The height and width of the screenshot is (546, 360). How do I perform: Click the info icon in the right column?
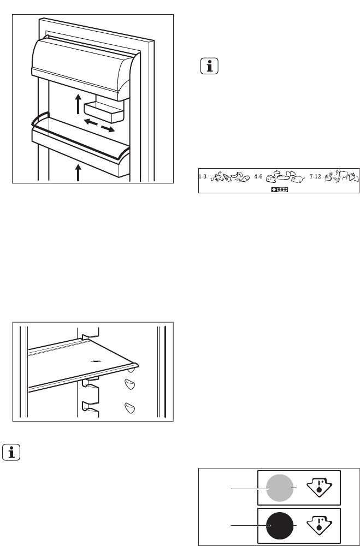[209, 66]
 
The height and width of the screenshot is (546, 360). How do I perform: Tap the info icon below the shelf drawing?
[11, 452]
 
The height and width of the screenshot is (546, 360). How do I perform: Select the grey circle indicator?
[280, 488]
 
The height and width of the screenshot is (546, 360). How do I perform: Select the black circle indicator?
[280, 526]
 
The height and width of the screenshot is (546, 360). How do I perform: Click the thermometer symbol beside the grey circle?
[319, 488]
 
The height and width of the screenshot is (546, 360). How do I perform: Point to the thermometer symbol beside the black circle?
[319, 526]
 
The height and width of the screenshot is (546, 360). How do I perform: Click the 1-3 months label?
[203, 177]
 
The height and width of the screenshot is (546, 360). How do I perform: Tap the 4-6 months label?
[258, 177]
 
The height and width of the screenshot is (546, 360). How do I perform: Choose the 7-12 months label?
[315, 177]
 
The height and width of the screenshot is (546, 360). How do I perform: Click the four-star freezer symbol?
[279, 190]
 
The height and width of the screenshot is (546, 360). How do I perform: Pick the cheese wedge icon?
[271, 179]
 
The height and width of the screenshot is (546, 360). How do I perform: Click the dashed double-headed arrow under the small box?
[99, 125]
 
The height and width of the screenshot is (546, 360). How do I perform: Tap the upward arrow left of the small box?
[79, 104]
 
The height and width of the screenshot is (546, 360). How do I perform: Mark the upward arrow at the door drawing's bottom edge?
[78, 173]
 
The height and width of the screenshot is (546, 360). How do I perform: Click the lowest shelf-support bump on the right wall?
[130, 408]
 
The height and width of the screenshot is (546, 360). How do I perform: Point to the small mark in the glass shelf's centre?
[96, 361]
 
